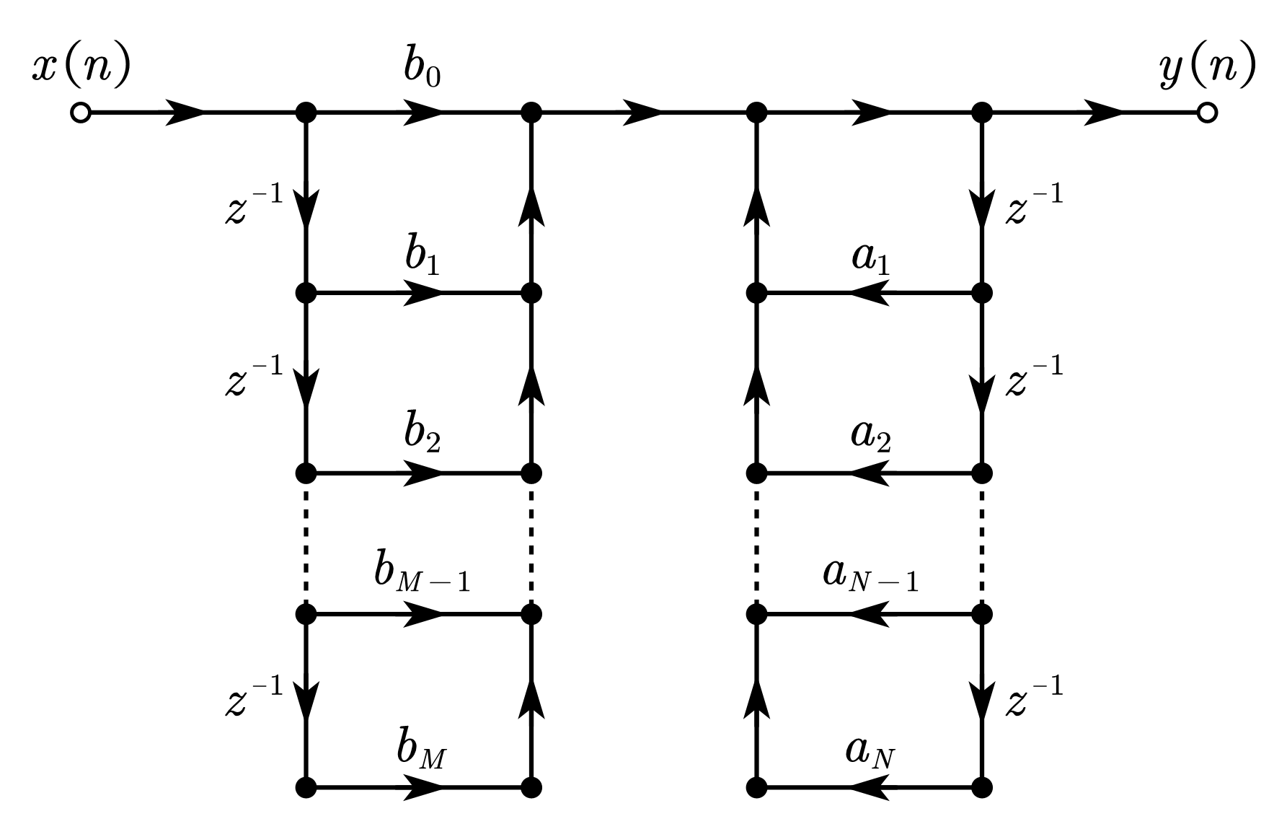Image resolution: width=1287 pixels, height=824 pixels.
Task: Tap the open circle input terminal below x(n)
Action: (81, 113)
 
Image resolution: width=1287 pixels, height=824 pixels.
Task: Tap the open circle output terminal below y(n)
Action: (1207, 113)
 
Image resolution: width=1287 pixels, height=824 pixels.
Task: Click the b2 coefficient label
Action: (422, 435)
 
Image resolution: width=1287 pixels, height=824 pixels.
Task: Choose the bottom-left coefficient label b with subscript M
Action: (420, 750)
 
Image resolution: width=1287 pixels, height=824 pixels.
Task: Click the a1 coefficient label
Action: (871, 258)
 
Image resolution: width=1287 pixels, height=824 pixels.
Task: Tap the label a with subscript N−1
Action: (871, 575)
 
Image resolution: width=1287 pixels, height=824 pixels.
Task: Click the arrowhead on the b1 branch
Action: (424, 294)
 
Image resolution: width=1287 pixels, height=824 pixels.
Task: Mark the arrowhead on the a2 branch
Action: (870, 473)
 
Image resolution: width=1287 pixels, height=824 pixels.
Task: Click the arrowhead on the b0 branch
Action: (424, 113)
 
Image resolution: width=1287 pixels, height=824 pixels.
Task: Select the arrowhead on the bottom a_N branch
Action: (870, 787)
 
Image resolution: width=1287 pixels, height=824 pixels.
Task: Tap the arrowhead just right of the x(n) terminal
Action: (186, 113)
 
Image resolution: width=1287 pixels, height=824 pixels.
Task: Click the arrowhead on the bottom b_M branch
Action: (424, 787)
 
